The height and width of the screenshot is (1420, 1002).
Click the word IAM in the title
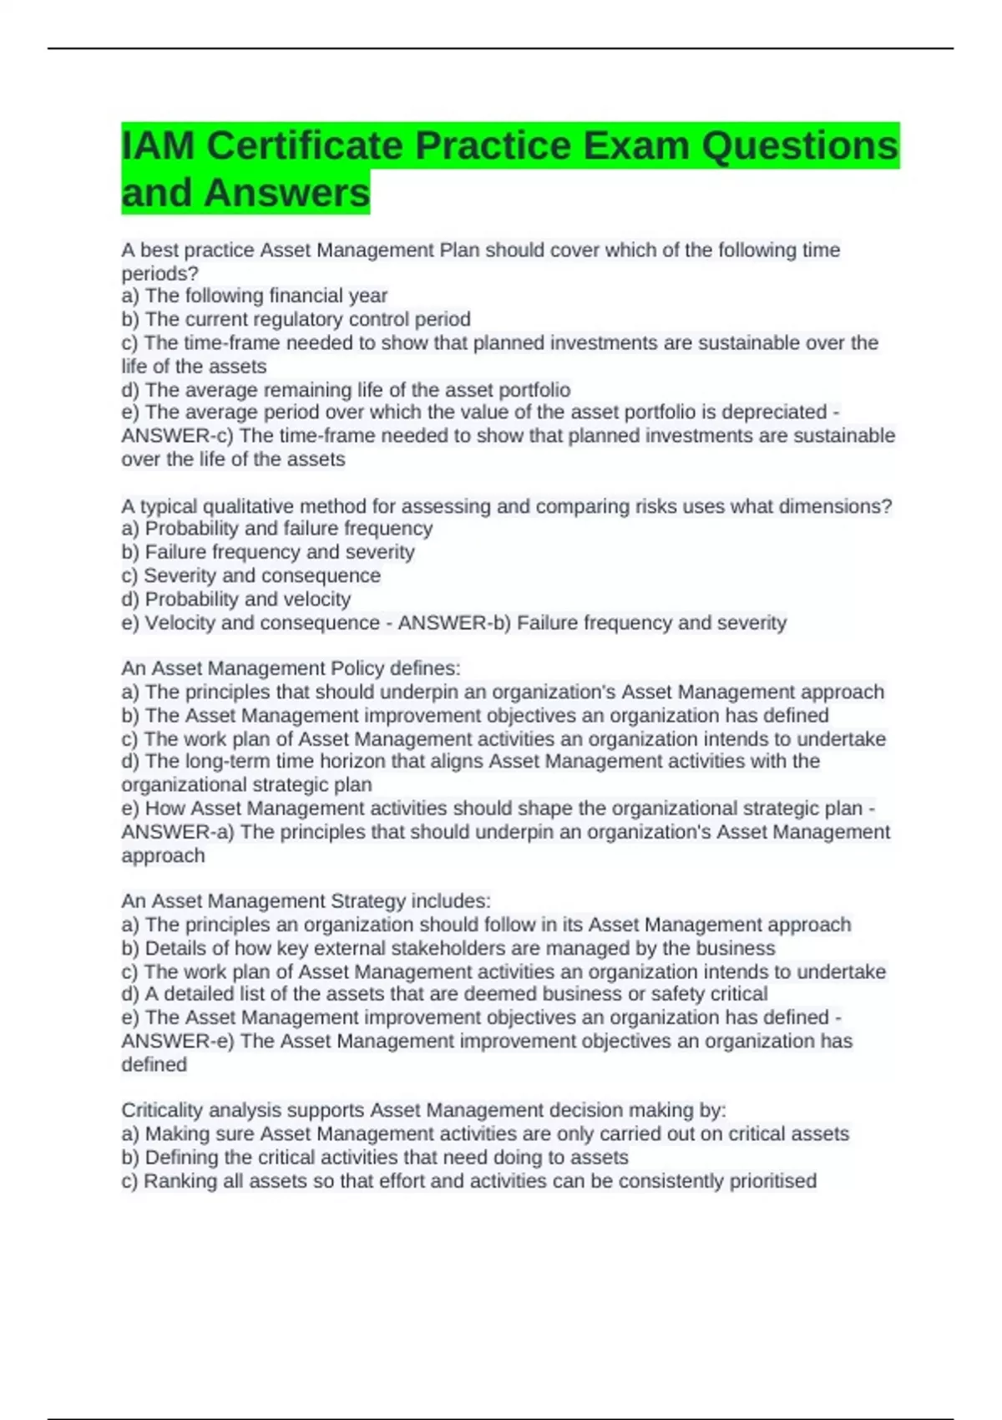tap(158, 146)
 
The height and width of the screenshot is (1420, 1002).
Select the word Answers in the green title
tap(286, 193)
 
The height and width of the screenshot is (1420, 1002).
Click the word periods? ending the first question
tap(159, 273)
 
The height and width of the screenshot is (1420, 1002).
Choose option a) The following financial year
tap(255, 296)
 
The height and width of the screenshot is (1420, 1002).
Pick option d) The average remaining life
tap(346, 390)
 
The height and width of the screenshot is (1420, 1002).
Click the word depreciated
tap(773, 412)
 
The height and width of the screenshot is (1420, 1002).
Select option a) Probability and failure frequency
tap(277, 528)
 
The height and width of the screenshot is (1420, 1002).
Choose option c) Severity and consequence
tap(250, 576)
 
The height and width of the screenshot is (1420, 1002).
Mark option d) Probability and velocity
tap(236, 599)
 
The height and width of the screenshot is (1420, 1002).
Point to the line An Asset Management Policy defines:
tap(291, 668)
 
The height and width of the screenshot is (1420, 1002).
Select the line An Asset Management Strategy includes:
tap(306, 901)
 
